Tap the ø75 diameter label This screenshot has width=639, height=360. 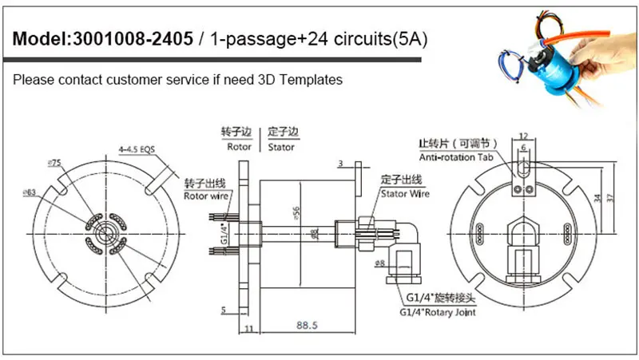click(x=55, y=162)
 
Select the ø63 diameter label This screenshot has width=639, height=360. click(x=30, y=192)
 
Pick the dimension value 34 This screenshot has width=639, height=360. click(x=598, y=197)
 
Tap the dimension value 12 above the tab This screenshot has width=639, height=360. click(x=522, y=135)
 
